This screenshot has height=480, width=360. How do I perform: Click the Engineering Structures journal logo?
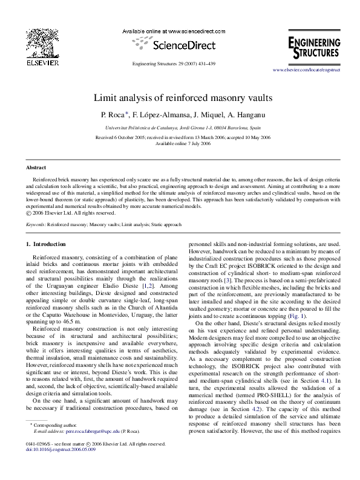tap(313, 46)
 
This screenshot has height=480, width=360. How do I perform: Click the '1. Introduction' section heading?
tap(49, 244)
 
